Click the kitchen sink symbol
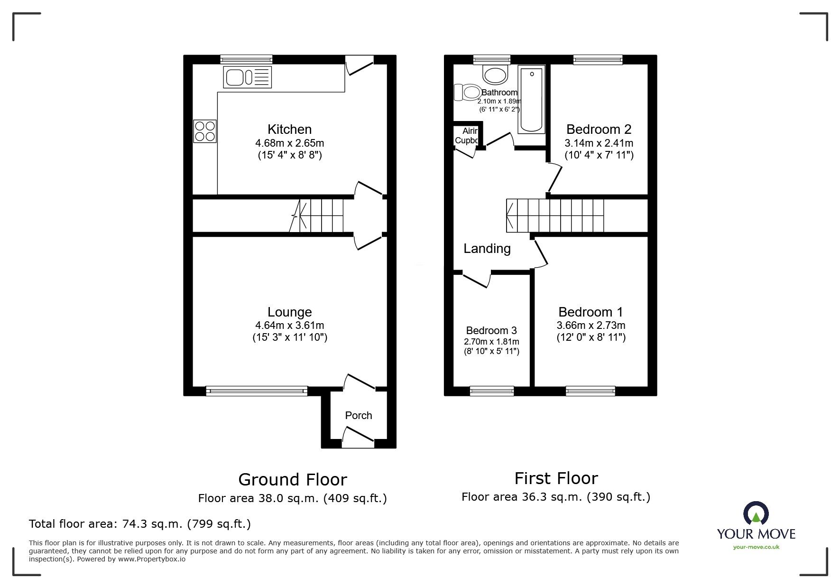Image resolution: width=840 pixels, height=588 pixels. point(247,77)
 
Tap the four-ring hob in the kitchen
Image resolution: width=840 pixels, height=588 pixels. point(205,131)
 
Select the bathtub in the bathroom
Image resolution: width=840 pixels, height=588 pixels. point(532,100)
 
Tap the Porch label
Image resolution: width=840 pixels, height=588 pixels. point(359,415)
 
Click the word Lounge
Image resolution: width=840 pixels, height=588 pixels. point(290,312)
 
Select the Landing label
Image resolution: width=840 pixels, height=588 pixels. point(487,249)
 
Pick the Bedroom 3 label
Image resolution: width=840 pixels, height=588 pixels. point(491,330)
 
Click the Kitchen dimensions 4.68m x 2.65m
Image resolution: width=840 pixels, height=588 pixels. point(290,143)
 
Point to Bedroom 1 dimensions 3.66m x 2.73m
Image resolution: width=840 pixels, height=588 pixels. point(591,326)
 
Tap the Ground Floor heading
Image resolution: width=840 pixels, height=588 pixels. point(293,479)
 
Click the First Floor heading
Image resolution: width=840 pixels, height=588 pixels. point(556,478)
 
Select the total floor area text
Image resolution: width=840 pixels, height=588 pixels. point(140,524)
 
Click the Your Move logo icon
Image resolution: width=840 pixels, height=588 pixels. point(756,513)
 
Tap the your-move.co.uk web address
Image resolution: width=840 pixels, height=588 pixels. point(756,547)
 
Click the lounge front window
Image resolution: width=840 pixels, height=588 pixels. point(257,391)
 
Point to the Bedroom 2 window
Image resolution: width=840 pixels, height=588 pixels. point(598,59)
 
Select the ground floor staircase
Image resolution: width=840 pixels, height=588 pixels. point(316,215)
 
